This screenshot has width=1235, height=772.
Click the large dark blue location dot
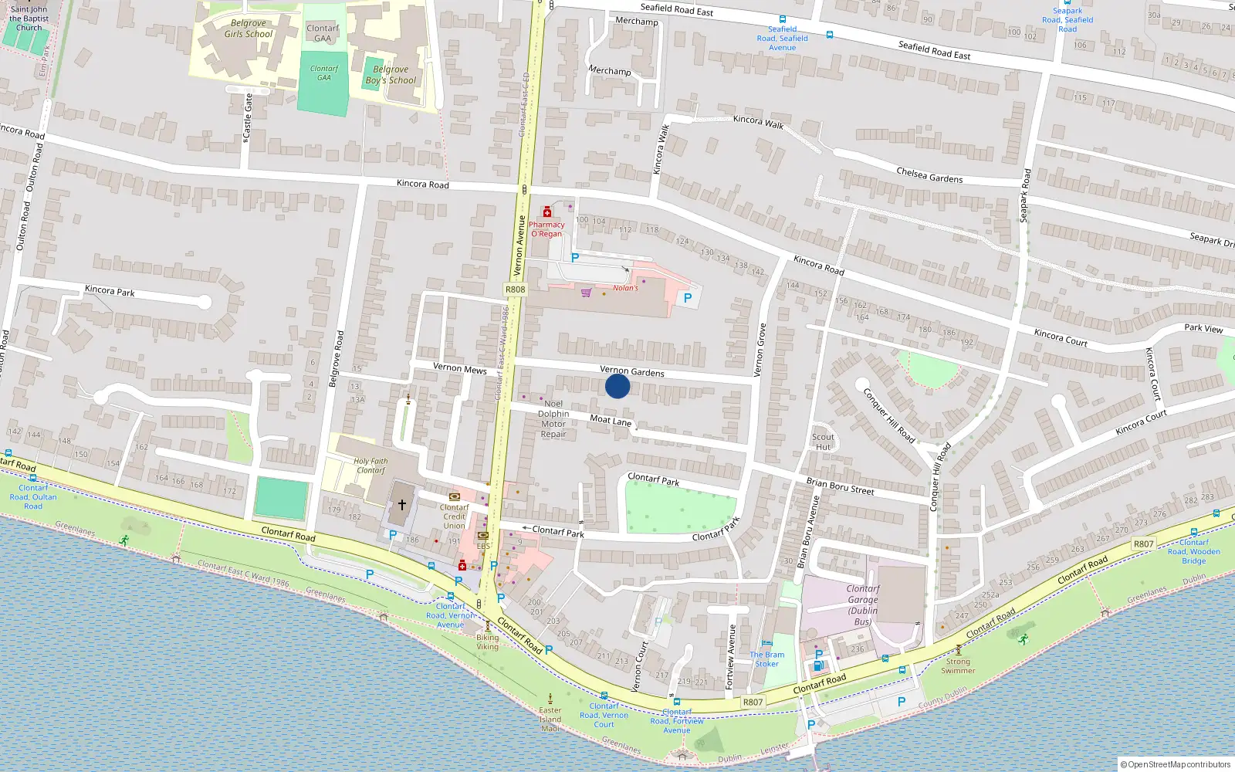tap(617, 386)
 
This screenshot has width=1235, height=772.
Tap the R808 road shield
tap(515, 289)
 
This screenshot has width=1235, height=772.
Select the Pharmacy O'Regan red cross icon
tap(547, 212)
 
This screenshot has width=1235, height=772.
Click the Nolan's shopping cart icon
tap(586, 293)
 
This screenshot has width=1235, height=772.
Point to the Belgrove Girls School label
tap(249, 29)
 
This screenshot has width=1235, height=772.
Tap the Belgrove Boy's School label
tap(391, 75)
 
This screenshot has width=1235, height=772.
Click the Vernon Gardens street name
tap(632, 371)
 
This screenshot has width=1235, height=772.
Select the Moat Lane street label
tap(611, 420)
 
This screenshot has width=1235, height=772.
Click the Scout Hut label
tap(823, 442)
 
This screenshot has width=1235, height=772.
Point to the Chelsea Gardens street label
tap(929, 175)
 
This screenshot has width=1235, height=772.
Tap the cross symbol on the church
tap(402, 505)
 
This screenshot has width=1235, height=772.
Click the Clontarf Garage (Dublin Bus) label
tap(863, 604)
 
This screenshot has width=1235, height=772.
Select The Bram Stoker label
tap(766, 659)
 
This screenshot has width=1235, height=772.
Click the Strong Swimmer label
tap(958, 665)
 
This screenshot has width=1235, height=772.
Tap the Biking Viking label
tap(487, 642)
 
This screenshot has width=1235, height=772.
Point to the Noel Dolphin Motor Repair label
tap(553, 418)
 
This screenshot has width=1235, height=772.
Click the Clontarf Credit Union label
tap(454, 516)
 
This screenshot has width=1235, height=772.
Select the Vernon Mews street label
tap(459, 368)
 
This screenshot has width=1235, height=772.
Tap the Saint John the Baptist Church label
tap(29, 19)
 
